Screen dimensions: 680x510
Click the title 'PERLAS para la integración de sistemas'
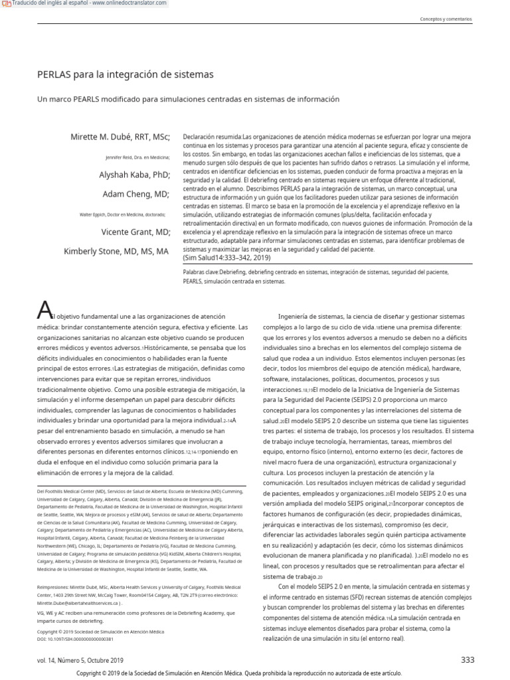(125, 74)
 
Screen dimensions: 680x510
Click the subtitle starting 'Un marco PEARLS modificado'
(188, 99)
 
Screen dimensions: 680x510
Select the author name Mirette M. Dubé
(120, 137)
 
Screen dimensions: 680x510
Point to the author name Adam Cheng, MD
(136, 195)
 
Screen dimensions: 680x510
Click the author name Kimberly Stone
(116, 252)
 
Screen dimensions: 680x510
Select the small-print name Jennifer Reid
(137, 157)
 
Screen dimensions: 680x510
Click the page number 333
(467, 659)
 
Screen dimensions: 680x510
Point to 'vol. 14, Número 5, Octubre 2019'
(80, 660)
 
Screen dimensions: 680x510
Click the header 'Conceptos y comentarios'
(446, 19)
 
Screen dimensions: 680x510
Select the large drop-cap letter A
(44, 309)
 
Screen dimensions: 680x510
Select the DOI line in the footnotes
(75, 639)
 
